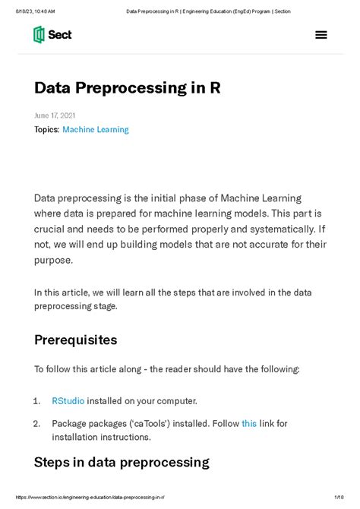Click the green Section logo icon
pyautogui.click(x=39, y=34)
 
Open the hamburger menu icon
pyautogui.click(x=321, y=35)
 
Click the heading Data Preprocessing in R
pyautogui.click(x=128, y=88)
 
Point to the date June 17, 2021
pyautogui.click(x=55, y=115)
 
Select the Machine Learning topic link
pyautogui.click(x=96, y=130)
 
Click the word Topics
pyautogui.click(x=46, y=130)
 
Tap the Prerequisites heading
pyautogui.click(x=75, y=340)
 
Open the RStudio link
pyautogui.click(x=68, y=400)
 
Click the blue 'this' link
pyautogui.click(x=249, y=423)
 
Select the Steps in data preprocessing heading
pyautogui.click(x=122, y=462)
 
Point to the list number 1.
pyautogui.click(x=36, y=400)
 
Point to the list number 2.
pyautogui.click(x=36, y=423)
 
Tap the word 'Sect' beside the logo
pyautogui.click(x=60, y=34)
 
